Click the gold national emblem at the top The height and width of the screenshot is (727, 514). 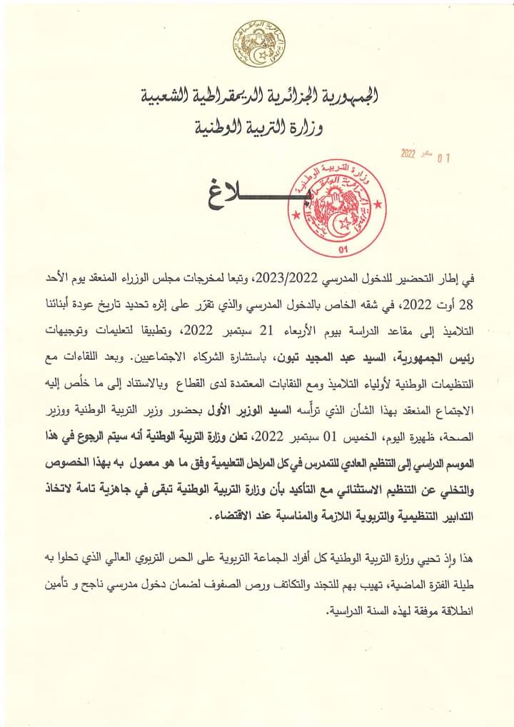[x=256, y=44]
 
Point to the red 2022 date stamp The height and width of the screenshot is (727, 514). [x=408, y=153]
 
